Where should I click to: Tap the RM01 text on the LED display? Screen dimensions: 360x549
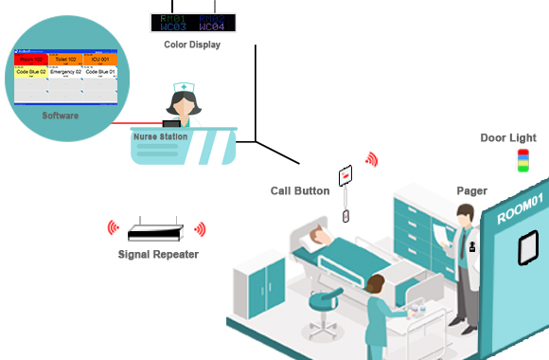click(x=174, y=19)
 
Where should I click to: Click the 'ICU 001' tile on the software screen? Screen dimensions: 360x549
click(x=99, y=59)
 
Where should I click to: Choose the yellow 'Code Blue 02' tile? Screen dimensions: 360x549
click(x=31, y=72)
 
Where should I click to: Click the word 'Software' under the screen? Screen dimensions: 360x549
click(x=61, y=116)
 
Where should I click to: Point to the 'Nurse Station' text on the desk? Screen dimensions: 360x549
click(x=160, y=137)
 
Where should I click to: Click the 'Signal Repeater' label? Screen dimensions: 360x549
click(x=156, y=254)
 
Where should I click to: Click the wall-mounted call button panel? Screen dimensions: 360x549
click(x=345, y=176)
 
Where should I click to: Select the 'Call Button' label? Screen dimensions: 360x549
click(x=300, y=191)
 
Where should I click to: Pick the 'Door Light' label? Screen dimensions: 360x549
click(x=507, y=138)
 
